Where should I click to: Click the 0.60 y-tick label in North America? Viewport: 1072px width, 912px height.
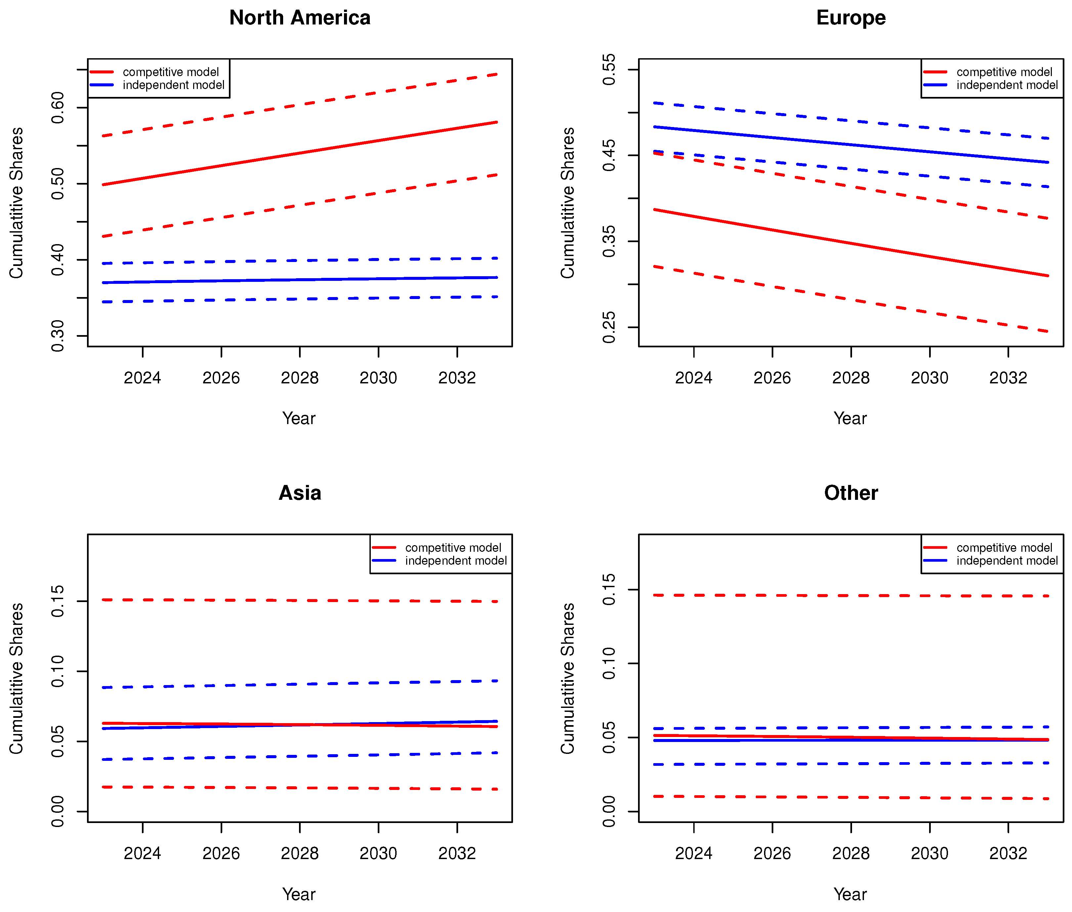point(58,108)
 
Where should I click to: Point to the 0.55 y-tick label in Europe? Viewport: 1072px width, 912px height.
point(609,69)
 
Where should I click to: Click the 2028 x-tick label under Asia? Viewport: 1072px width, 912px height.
point(300,853)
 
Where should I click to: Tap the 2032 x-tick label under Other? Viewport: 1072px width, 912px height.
point(1008,853)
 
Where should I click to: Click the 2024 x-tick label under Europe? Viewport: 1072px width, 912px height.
point(694,378)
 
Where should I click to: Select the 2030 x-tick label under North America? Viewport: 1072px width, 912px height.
point(378,378)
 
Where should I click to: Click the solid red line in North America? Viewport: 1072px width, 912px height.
point(300,153)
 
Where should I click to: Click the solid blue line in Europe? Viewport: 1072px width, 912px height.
point(851,145)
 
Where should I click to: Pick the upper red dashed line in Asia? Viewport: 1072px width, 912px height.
point(300,600)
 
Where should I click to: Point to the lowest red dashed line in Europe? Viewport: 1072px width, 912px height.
point(851,299)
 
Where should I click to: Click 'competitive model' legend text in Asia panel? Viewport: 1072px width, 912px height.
point(453,547)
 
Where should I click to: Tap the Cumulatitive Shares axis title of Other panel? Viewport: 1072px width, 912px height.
point(568,678)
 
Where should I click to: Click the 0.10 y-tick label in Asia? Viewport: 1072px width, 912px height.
point(58,671)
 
